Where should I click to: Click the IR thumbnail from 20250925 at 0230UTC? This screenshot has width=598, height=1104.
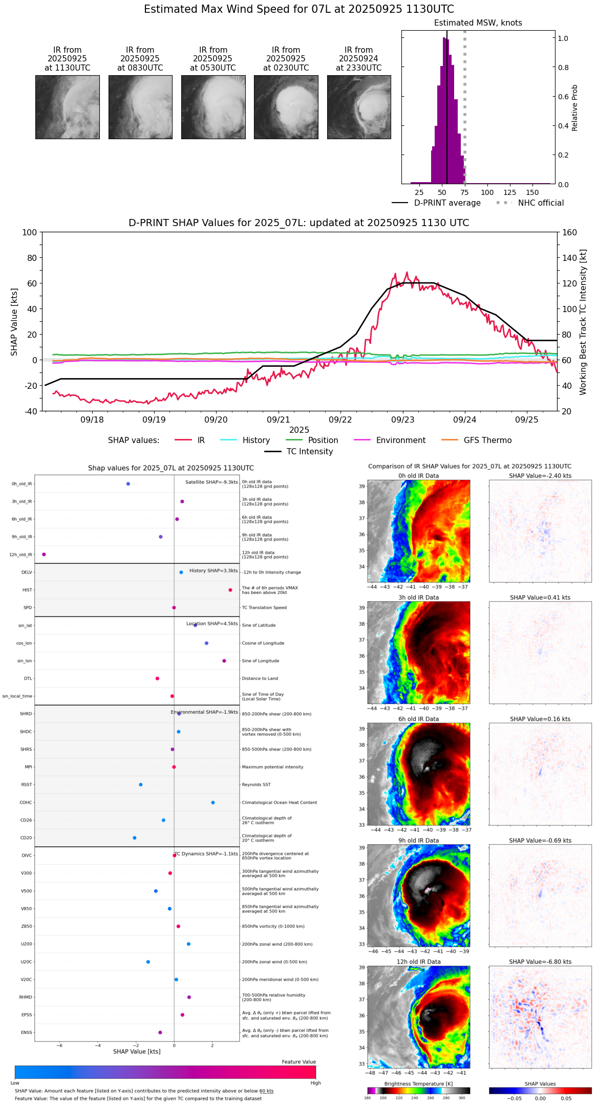pyautogui.click(x=286, y=107)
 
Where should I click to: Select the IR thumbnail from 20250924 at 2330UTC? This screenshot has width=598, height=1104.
pyautogui.click(x=359, y=107)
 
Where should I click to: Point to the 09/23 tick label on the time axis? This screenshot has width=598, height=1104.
pyautogui.click(x=402, y=420)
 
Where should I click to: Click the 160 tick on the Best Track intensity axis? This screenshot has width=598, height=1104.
pyautogui.click(x=570, y=233)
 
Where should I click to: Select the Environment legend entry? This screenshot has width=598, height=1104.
pyautogui.click(x=400, y=440)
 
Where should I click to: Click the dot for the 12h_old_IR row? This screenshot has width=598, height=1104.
pyautogui.click(x=44, y=555)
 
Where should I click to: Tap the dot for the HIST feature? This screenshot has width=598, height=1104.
pyautogui.click(x=230, y=590)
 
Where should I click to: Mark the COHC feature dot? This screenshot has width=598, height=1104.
pyautogui.click(x=213, y=803)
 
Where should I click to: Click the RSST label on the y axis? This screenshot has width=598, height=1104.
pyautogui.click(x=27, y=785)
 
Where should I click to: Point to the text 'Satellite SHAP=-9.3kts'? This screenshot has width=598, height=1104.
pyautogui.click(x=211, y=482)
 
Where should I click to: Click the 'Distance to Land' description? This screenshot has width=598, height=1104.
pyautogui.click(x=260, y=679)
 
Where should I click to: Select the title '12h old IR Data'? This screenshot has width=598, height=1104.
pyautogui.click(x=418, y=962)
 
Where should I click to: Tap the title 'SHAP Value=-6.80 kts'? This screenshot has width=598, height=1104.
pyautogui.click(x=540, y=962)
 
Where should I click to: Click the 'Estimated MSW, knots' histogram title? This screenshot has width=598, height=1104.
pyautogui.click(x=478, y=23)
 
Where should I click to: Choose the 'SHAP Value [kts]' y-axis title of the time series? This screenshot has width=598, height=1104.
pyautogui.click(x=14, y=322)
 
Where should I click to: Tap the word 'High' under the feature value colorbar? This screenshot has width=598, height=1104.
pyautogui.click(x=315, y=1083)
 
